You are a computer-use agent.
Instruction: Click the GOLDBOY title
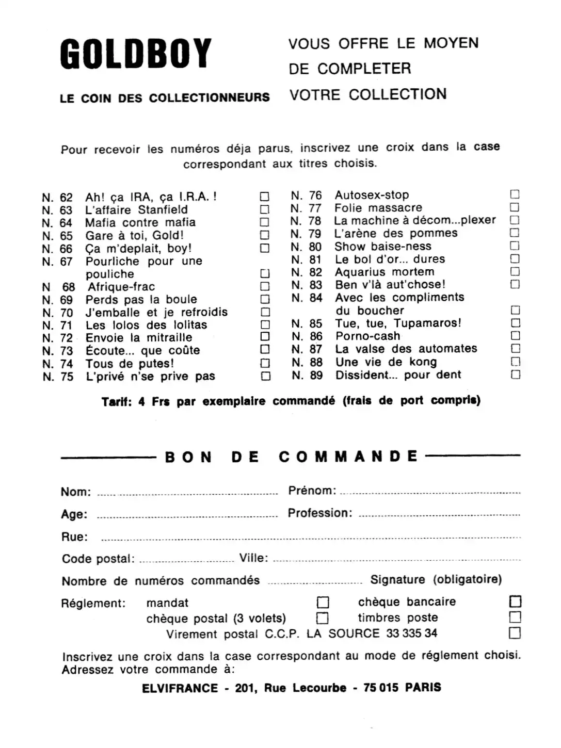[x=136, y=53]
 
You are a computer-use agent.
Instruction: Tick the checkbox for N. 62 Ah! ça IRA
[x=264, y=197]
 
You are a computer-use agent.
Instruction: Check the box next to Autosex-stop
[x=515, y=194]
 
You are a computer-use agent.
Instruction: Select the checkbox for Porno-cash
[x=515, y=336]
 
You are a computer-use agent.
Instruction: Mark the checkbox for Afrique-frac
[x=265, y=286]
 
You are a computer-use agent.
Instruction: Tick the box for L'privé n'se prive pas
[x=265, y=376]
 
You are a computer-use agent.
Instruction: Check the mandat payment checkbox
[x=323, y=603]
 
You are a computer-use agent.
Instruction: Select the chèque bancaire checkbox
[x=515, y=601]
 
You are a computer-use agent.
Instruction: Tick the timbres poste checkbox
[x=515, y=617]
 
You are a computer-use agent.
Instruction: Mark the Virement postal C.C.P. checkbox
[x=515, y=633]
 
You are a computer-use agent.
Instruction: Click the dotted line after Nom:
[x=187, y=493]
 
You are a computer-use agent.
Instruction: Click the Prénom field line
[x=430, y=493]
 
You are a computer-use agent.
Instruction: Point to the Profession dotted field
[x=439, y=515]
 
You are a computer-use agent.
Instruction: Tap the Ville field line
[x=396, y=560]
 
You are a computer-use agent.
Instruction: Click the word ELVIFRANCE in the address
[x=180, y=688]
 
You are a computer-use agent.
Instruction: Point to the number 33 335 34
[x=411, y=633]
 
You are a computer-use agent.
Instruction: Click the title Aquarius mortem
[x=384, y=272]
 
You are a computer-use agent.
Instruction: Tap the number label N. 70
[x=58, y=313]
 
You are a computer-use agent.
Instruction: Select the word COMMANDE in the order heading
[x=348, y=457]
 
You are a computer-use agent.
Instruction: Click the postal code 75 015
[x=381, y=688]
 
